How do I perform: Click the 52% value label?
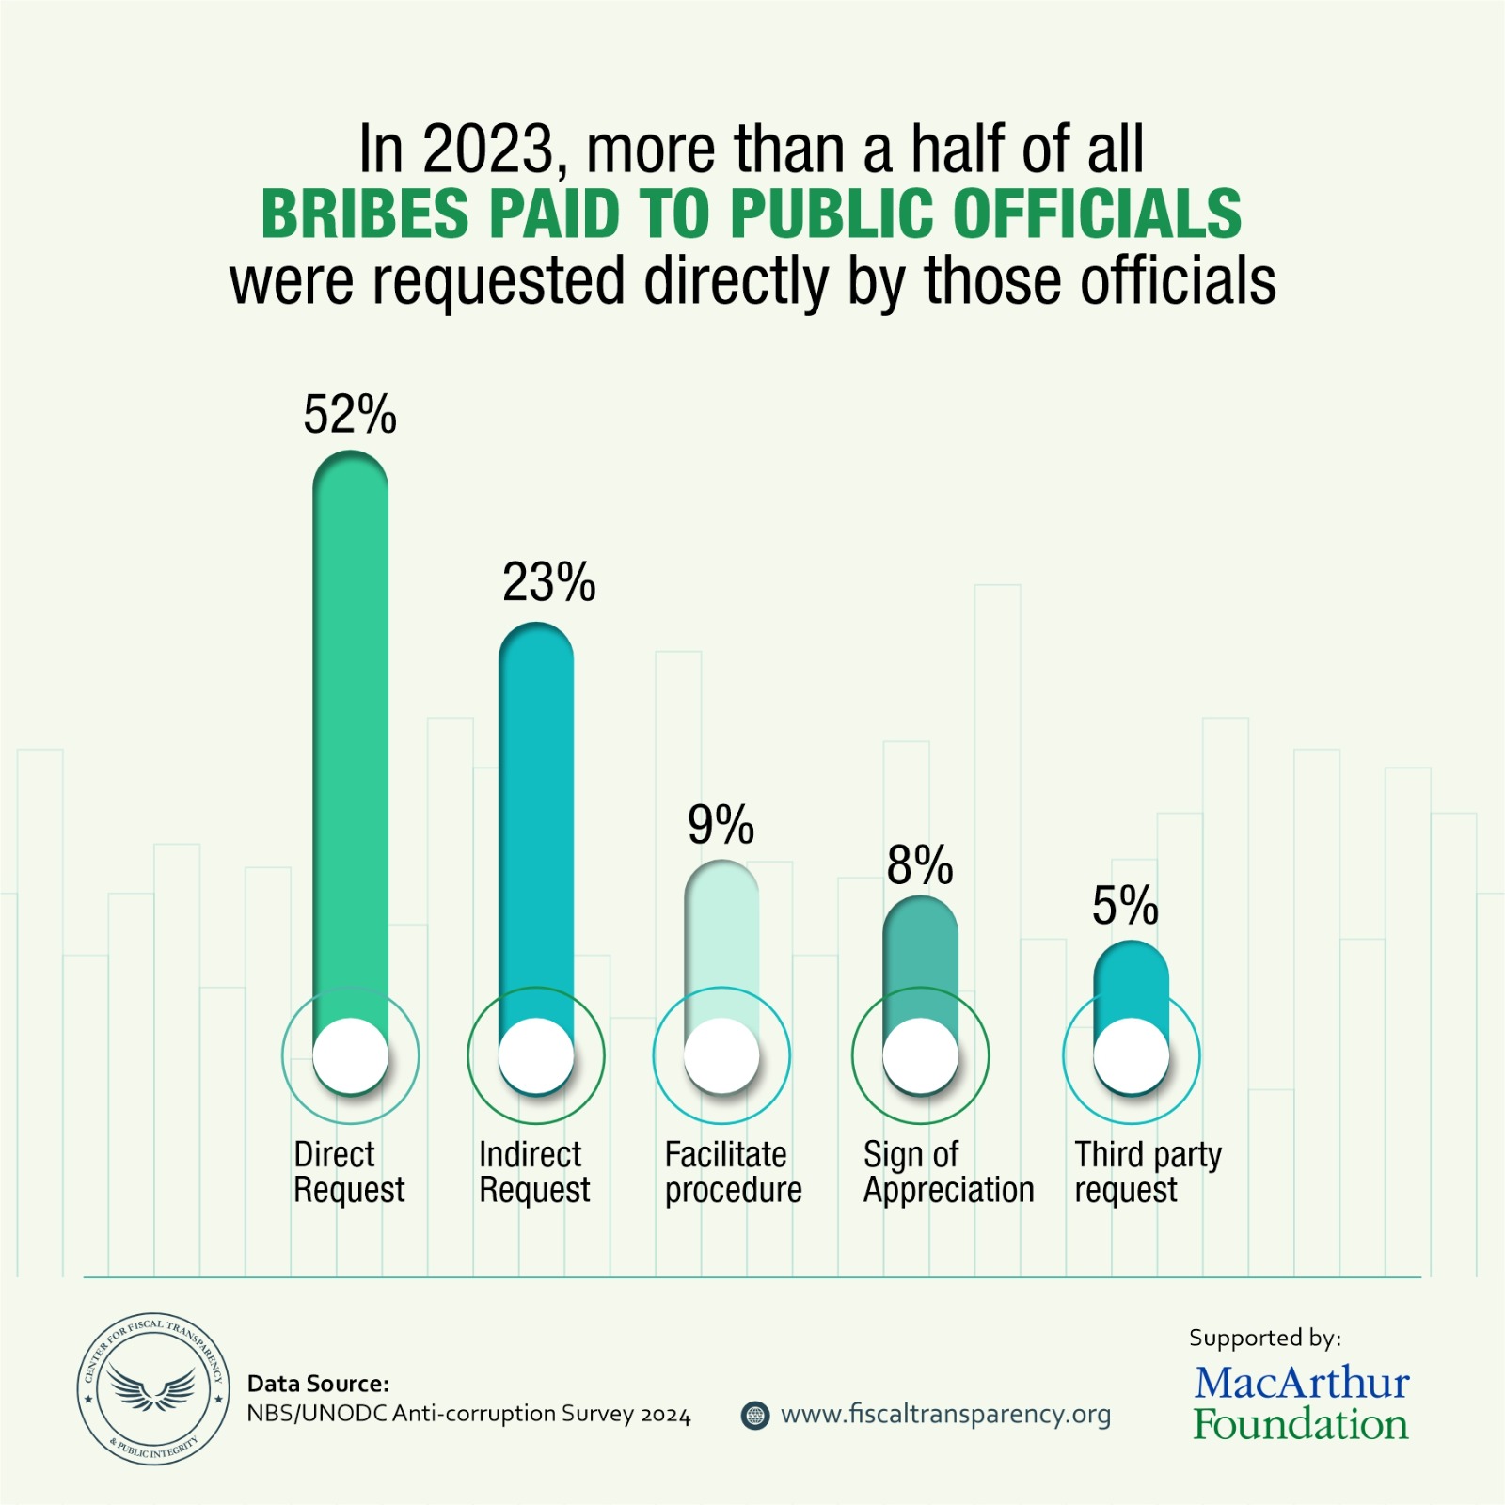coord(350,415)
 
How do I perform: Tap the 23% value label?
coord(548,582)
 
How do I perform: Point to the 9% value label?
coord(721,825)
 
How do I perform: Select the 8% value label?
coord(920,865)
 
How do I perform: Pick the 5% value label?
coord(1125,906)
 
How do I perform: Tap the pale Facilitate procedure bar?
coord(721,941)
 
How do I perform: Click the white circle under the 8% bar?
coord(920,1055)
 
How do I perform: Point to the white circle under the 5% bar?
coord(1132,1055)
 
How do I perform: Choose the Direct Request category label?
coord(349,1172)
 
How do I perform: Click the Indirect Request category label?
coord(534,1172)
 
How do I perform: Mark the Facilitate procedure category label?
coord(733,1172)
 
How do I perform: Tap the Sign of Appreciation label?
coord(948,1172)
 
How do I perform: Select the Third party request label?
coord(1148,1172)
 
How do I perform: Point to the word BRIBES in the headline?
coord(365,214)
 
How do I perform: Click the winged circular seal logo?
coord(152,1389)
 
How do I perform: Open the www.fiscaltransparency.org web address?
coord(945,1415)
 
